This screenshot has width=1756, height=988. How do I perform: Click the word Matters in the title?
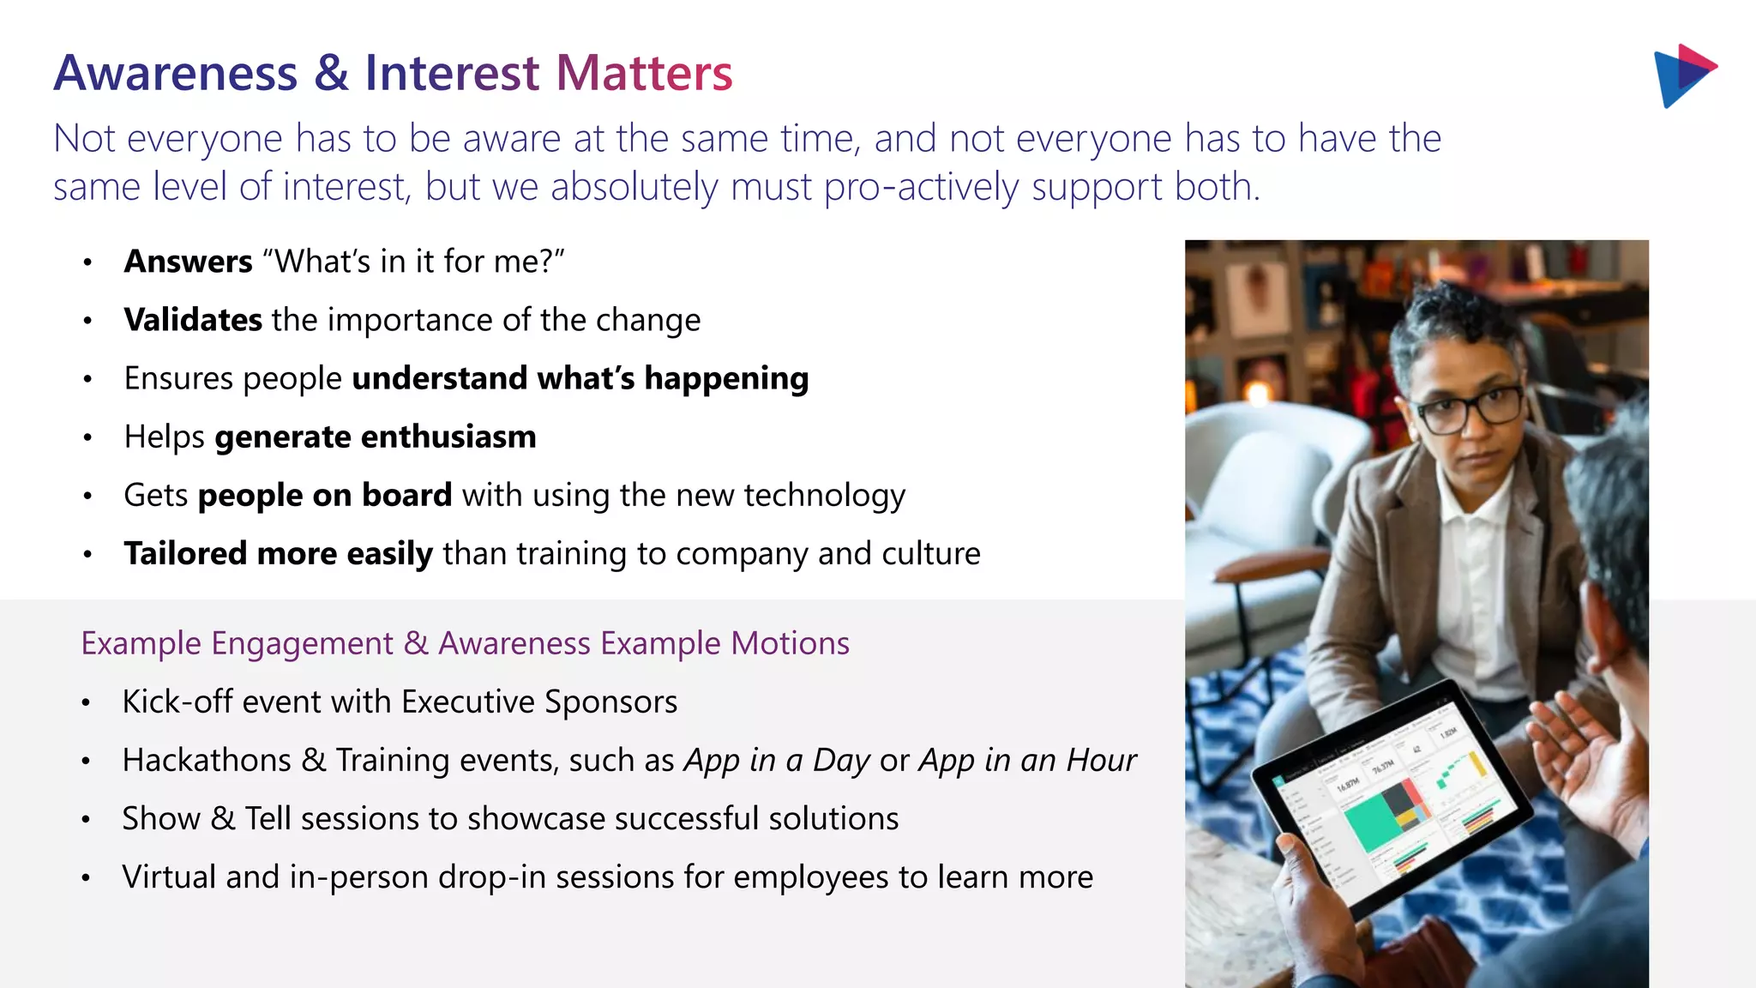point(644,73)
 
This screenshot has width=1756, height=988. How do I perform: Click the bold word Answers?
point(188,262)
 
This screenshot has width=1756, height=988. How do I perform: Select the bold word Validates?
point(193,320)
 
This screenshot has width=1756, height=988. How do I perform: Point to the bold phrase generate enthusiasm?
point(375,437)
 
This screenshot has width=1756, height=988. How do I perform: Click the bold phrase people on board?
point(324,496)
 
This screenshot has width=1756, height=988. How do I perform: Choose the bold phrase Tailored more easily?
point(278,554)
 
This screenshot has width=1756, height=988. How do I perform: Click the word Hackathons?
point(207,761)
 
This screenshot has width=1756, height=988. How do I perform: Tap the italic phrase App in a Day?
point(777,761)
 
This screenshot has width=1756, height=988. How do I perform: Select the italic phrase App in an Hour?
point(1027,761)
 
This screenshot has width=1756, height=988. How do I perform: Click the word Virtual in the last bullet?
point(169,877)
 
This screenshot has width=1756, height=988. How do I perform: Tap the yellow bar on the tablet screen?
point(1477,762)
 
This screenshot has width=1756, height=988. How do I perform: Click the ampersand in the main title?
point(331,73)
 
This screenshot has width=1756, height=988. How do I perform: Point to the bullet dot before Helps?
point(87,438)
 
